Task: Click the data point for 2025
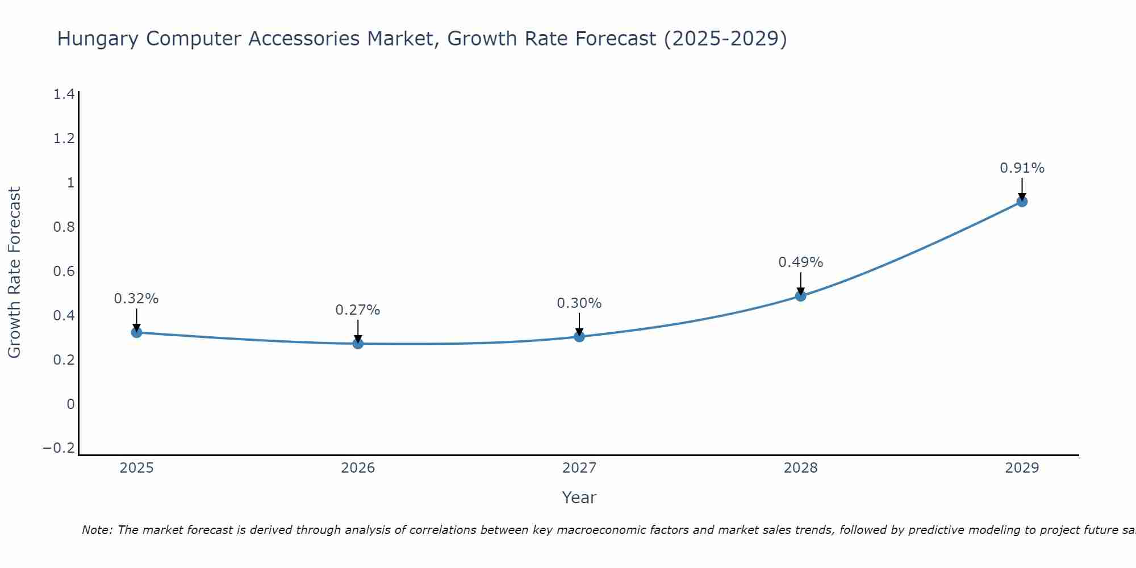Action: pyautogui.click(x=136, y=332)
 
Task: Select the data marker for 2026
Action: pyautogui.click(x=358, y=343)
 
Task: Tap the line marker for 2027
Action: pyautogui.click(x=579, y=336)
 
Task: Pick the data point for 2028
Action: pyautogui.click(x=800, y=295)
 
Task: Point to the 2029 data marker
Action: pyautogui.click(x=1022, y=201)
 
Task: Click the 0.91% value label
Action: pyautogui.click(x=1022, y=168)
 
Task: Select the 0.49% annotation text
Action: pyautogui.click(x=800, y=262)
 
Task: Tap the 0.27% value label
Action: pyautogui.click(x=358, y=310)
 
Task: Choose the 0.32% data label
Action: pyautogui.click(x=136, y=299)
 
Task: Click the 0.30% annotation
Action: pyautogui.click(x=579, y=303)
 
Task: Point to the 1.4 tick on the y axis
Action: pyautogui.click(x=64, y=94)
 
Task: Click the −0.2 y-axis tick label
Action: pyautogui.click(x=59, y=448)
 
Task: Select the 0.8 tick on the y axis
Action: pyautogui.click(x=64, y=227)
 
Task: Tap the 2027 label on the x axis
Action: pyautogui.click(x=579, y=468)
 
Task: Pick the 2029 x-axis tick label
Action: pyautogui.click(x=1022, y=468)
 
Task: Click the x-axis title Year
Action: pyautogui.click(x=579, y=498)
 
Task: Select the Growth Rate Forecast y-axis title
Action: pyautogui.click(x=15, y=273)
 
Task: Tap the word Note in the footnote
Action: pyautogui.click(x=97, y=530)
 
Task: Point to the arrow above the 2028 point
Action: pyautogui.click(x=800, y=282)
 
